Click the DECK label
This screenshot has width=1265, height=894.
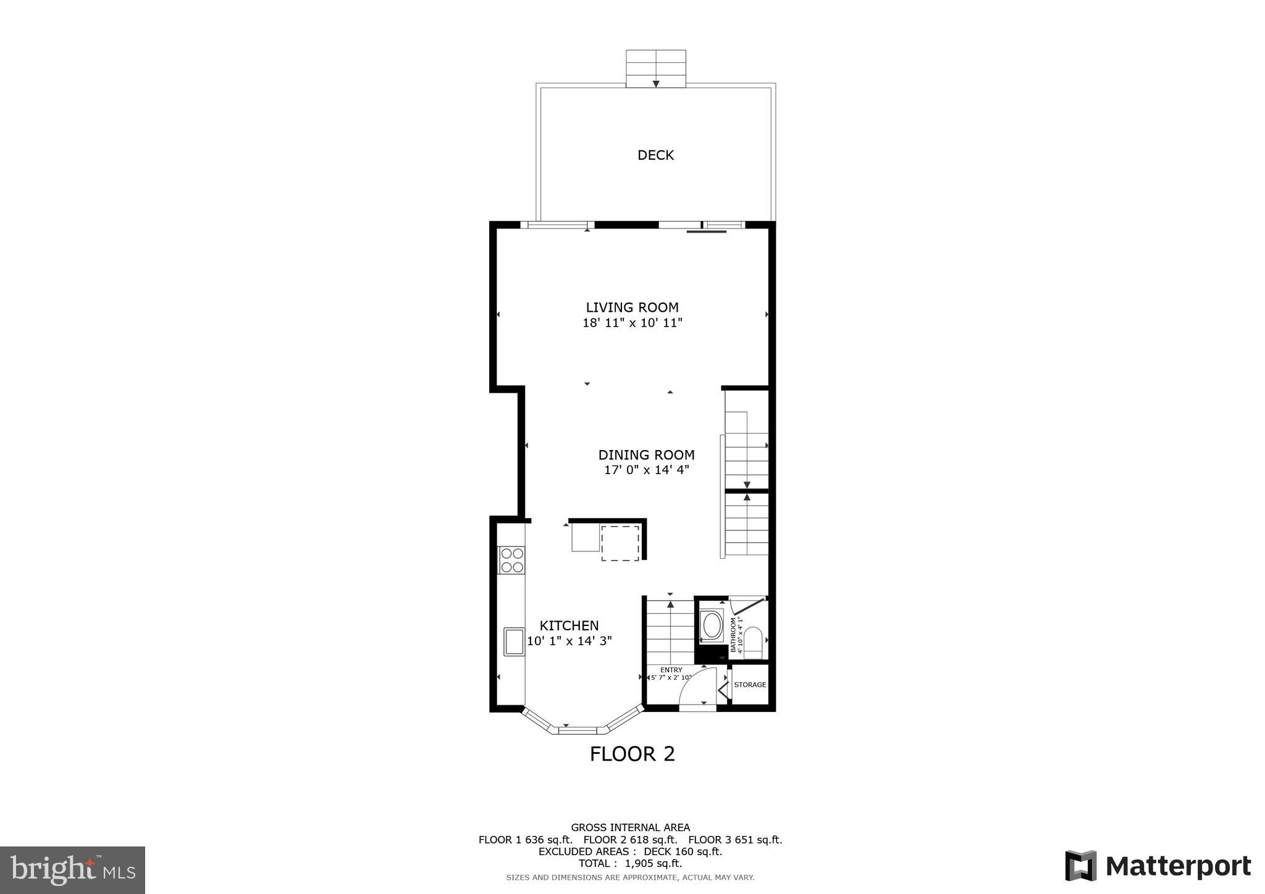point(655,155)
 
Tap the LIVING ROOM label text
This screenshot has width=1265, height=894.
point(632,307)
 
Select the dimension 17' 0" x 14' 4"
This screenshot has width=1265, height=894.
point(646,470)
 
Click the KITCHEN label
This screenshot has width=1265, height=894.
point(569,625)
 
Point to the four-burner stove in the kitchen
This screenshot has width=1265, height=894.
point(512,560)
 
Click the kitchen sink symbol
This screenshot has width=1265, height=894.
point(514,641)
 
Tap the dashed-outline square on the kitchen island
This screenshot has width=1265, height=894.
point(620,543)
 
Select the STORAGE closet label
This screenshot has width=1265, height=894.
point(750,685)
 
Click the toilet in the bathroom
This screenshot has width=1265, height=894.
point(753,642)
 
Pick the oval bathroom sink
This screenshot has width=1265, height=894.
point(712,625)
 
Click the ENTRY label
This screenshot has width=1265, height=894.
point(671,670)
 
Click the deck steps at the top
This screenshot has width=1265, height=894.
point(656,69)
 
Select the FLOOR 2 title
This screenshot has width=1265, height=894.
point(632,754)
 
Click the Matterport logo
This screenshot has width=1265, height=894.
point(1158,866)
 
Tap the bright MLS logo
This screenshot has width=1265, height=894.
point(73,870)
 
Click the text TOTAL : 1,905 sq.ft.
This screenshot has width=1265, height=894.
point(630,863)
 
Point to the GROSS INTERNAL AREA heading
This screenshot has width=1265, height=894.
point(630,827)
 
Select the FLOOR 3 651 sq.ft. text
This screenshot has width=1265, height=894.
point(735,840)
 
